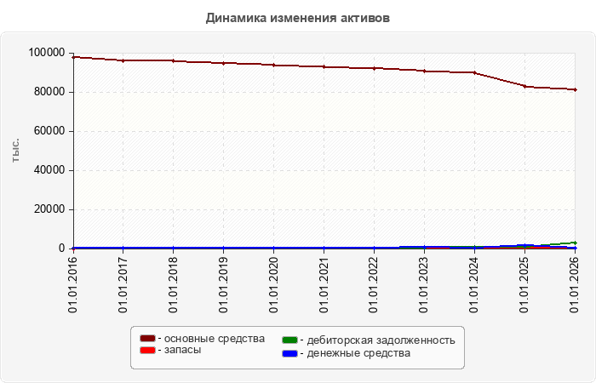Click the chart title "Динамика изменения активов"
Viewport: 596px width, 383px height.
point(298,18)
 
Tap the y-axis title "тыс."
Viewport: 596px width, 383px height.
point(15,151)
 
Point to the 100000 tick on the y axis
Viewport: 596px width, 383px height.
point(47,53)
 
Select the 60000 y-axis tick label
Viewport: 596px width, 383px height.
point(49,131)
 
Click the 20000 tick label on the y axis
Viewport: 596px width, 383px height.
point(49,209)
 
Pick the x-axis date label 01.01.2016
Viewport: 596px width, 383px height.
point(72,284)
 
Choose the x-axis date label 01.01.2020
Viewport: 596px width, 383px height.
point(273,284)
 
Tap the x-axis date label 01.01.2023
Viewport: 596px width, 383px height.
point(424,284)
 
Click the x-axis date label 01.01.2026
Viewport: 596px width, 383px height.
point(575,284)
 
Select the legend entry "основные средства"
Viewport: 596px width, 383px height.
point(203,339)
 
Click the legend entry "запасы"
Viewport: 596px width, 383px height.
point(170,350)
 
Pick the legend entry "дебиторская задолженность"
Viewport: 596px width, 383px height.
point(369,340)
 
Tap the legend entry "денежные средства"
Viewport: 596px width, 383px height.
point(347,353)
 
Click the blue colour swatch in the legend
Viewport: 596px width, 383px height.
point(289,354)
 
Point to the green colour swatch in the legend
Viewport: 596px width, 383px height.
point(289,340)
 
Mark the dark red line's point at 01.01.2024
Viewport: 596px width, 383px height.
point(475,72)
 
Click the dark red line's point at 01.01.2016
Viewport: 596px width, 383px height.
point(73,57)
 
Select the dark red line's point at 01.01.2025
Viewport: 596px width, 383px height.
point(525,86)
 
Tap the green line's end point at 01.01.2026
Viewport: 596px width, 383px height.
point(575,243)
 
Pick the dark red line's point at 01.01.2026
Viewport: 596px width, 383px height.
point(575,89)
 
